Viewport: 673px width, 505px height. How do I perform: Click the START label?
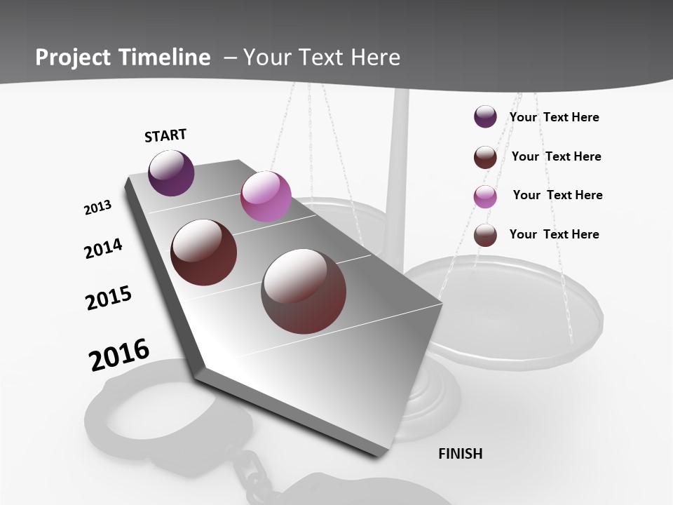(165, 135)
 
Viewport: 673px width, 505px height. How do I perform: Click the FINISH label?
(461, 454)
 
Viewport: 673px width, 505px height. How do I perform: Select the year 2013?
(97, 208)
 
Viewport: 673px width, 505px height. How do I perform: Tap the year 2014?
(103, 249)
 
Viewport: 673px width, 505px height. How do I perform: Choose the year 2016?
(119, 355)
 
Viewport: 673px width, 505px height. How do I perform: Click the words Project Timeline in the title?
(123, 58)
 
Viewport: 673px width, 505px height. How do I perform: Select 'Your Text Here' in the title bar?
(322, 58)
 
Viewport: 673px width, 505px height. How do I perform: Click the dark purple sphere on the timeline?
(171, 173)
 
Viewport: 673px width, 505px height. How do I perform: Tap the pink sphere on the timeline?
(266, 196)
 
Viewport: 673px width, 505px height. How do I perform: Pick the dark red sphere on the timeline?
(204, 252)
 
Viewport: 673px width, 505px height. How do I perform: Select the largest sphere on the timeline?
(304, 291)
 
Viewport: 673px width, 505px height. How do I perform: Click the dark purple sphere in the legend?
(485, 117)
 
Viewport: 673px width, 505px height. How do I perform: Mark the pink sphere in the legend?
(485, 196)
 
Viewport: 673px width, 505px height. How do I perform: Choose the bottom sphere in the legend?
(485, 235)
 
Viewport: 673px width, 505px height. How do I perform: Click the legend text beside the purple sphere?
(554, 117)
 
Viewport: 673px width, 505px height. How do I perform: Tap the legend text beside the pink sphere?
(557, 195)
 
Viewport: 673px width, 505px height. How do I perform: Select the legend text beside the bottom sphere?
(554, 234)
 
